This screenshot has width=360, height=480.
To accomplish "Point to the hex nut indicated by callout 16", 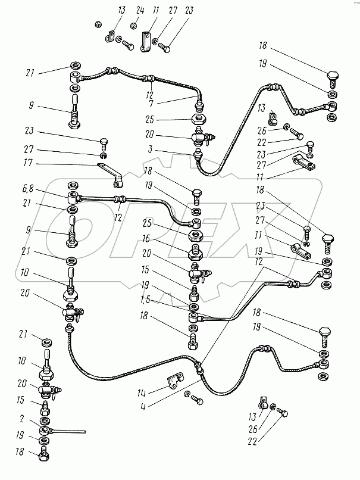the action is point(195,251).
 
